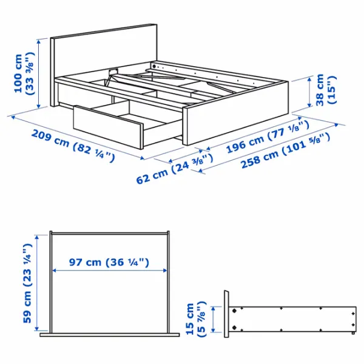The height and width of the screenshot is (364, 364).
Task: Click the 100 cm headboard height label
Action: point(24,73)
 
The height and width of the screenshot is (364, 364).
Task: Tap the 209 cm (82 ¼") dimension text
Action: point(73,146)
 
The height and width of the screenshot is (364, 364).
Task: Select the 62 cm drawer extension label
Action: point(175,169)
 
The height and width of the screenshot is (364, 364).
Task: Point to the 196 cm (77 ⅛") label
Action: point(268,137)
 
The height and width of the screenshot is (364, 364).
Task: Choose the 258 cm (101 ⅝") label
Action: point(285,150)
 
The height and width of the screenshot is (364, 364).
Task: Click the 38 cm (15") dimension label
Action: point(326,90)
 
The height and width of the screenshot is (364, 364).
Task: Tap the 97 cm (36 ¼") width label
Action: point(109,262)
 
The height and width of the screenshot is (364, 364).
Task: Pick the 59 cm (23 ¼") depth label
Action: point(27,283)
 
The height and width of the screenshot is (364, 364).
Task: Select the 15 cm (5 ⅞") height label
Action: point(195,318)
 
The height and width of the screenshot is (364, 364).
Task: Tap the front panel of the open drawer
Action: point(108,127)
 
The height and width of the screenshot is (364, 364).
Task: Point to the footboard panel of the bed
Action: point(235,113)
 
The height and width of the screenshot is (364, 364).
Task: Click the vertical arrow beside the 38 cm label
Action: point(309,92)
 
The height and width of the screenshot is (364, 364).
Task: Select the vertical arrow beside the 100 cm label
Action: point(39,73)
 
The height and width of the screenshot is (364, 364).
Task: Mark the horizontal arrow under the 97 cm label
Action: point(110,271)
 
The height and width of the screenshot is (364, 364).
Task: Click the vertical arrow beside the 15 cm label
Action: point(214,319)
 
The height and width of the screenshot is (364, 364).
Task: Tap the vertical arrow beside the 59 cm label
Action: point(36,283)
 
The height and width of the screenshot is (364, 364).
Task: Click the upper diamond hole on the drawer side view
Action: point(234,311)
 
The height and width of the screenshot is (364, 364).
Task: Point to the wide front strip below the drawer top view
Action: point(110,335)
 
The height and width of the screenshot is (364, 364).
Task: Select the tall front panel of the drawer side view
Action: point(226,314)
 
